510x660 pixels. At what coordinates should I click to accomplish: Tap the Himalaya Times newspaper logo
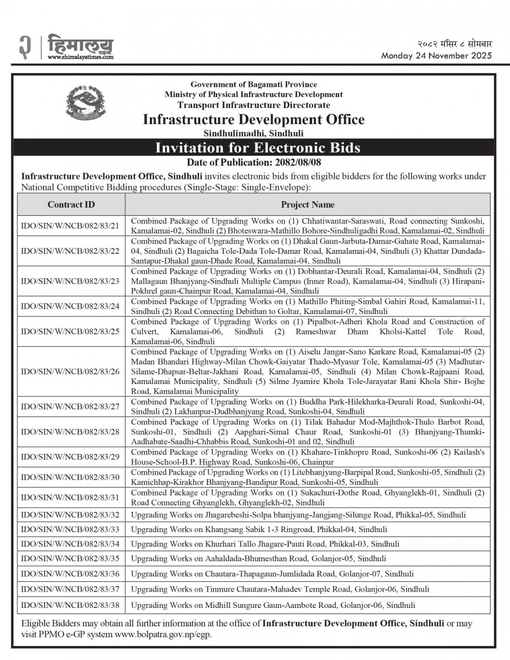[x=80, y=44]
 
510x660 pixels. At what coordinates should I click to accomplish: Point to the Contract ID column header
[x=71, y=204]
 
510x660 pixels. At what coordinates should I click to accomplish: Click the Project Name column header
[x=308, y=204]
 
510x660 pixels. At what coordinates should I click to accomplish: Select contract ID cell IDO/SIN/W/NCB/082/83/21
[x=71, y=226]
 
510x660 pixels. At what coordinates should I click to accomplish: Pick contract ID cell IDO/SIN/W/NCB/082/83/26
[x=71, y=372]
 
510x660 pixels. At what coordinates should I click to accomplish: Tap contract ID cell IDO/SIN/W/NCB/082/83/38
[x=71, y=605]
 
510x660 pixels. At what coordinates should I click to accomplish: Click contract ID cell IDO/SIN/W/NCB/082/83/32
[x=71, y=514]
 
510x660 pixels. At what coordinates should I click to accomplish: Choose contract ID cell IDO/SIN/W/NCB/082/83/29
[x=71, y=457]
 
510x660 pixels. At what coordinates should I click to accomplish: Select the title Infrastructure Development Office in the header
[x=253, y=119]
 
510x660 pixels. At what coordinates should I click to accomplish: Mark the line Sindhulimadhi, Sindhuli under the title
[x=253, y=133]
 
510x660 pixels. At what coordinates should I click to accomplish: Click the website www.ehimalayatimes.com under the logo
[x=80, y=56]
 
